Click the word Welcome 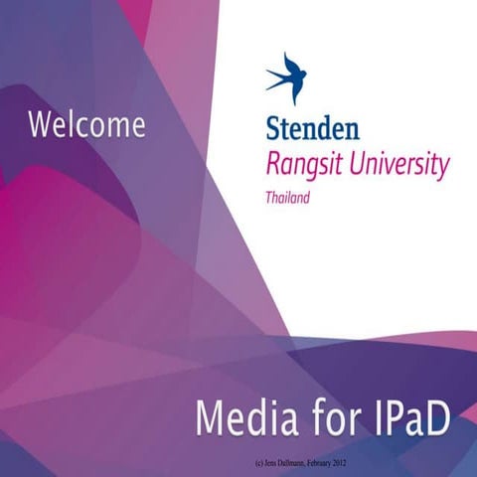(x=86, y=125)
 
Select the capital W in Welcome (x=41, y=125)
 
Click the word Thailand (x=287, y=197)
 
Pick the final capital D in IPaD (x=437, y=417)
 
